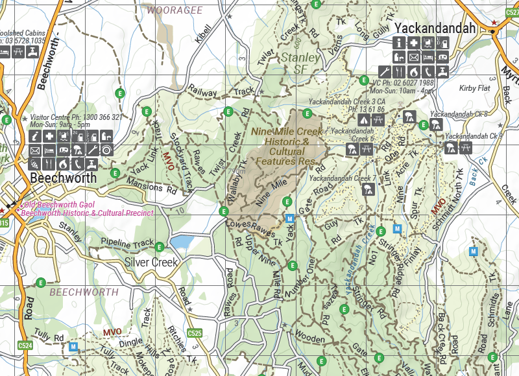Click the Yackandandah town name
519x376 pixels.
click(x=435, y=29)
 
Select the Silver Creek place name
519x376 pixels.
click(x=151, y=263)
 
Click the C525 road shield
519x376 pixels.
click(x=195, y=333)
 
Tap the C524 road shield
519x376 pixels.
click(x=25, y=346)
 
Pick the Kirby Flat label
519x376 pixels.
click(x=474, y=88)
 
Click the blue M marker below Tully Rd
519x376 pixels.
click(x=73, y=347)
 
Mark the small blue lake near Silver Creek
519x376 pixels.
click(x=183, y=242)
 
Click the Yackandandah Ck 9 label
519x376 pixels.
click(x=473, y=136)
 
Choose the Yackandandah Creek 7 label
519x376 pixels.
click(x=343, y=178)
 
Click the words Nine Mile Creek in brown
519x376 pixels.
click(x=287, y=132)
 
